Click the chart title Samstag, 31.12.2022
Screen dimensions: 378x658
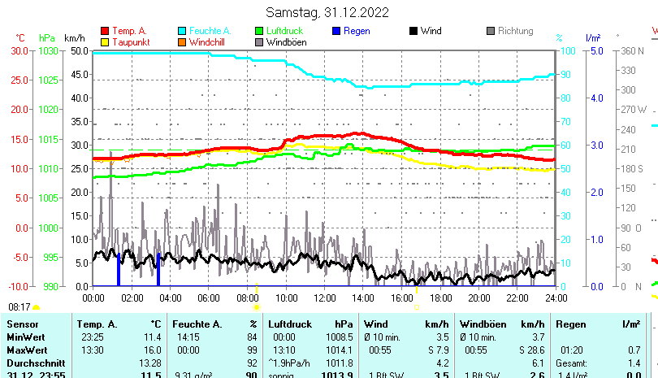pos(327,12)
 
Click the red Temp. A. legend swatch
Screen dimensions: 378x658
pos(104,31)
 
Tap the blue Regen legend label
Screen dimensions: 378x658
pos(357,31)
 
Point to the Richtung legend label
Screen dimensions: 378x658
pos(515,31)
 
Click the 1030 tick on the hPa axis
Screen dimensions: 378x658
pos(48,50)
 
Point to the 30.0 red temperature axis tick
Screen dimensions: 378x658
pos(20,50)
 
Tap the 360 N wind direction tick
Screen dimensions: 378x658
pos(632,50)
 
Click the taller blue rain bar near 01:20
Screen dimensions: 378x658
pos(119,269)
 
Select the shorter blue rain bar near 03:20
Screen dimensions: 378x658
pos(158,275)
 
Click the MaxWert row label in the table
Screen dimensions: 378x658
pos(25,350)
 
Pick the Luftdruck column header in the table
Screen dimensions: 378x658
pos(285,324)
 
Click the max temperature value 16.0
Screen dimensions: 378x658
pos(152,350)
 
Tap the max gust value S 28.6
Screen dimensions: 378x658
pos(530,350)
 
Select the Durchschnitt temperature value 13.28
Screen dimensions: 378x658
pos(149,363)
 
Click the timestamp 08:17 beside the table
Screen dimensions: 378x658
pos(19,307)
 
